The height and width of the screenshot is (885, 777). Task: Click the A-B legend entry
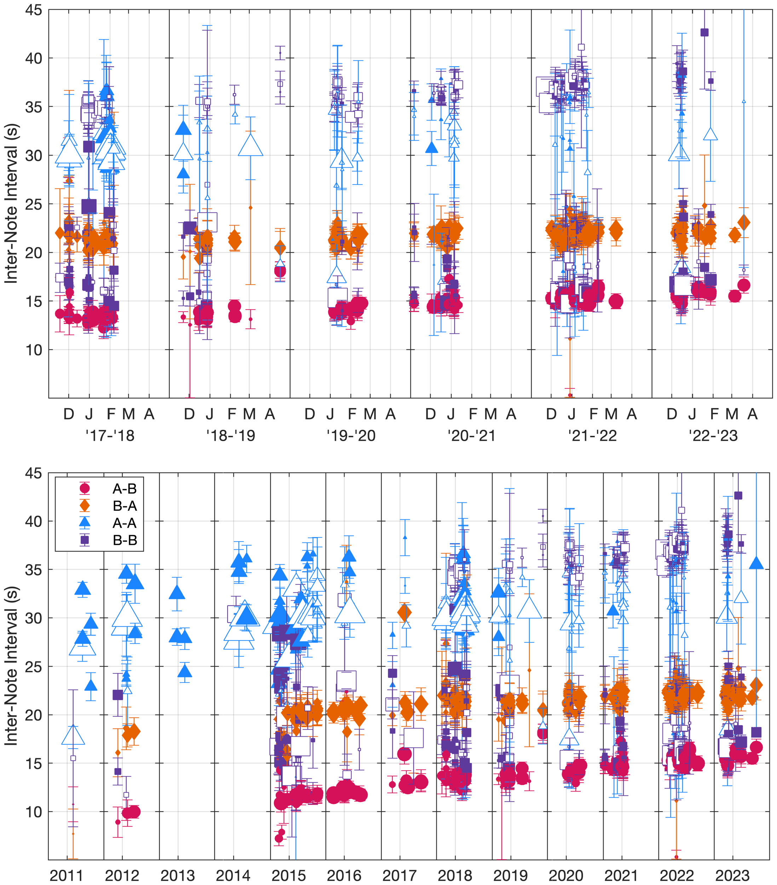point(124,489)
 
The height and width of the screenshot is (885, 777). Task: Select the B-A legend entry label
point(124,506)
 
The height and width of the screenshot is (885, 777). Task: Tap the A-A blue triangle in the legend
point(85,523)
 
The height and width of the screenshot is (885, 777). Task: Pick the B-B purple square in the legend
point(85,540)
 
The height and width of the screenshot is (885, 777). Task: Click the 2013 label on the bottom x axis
point(178,875)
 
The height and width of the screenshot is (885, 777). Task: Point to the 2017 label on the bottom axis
point(399,875)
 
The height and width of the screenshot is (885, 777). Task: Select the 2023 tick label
point(732,875)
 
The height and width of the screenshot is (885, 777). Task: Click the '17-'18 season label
point(110,435)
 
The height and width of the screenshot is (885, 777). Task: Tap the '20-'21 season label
point(471,435)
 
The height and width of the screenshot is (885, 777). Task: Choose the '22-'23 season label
point(713,435)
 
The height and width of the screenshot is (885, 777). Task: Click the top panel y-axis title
point(12,204)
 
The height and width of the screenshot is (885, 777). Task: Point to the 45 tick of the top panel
point(33,10)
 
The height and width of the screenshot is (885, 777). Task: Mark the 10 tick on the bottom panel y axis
point(33,812)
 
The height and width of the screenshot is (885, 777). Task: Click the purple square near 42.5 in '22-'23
point(704,32)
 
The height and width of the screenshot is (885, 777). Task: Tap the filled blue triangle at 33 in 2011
point(82,589)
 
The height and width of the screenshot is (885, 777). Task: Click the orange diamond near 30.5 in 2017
point(404,613)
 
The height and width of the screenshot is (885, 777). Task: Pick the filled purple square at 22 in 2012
point(118,695)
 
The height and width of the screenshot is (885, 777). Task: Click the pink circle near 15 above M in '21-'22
point(616,301)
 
